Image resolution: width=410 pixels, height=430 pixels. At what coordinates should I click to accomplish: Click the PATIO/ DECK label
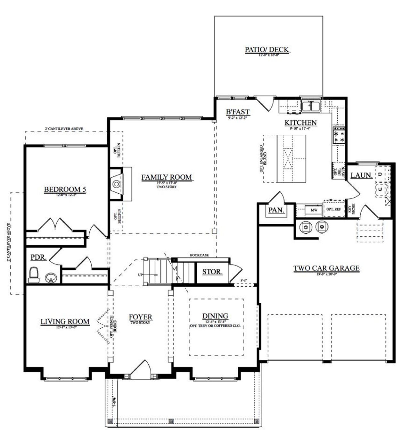[x=267, y=50]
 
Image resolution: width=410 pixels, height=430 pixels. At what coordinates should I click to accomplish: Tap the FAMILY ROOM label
[x=167, y=177]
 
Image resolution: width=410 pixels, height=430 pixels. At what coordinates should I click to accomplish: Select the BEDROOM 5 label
[x=65, y=190]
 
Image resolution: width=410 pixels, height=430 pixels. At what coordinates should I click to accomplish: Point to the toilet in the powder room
[x=33, y=275]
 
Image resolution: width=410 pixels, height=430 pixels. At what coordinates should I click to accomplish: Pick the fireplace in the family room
[x=117, y=184]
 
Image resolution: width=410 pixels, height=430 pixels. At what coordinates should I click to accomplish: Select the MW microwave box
[x=314, y=210]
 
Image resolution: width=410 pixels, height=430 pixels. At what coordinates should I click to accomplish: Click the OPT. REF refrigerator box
[x=334, y=209]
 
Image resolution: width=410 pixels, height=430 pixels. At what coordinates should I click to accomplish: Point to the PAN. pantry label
[x=276, y=210]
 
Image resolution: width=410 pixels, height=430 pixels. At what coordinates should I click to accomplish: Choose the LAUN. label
[x=361, y=175]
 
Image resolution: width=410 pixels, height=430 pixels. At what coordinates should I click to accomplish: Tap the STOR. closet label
[x=212, y=272]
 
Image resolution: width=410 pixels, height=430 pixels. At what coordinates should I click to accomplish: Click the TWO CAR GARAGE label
[x=326, y=268]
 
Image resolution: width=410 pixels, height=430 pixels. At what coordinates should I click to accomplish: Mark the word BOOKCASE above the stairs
[x=199, y=255]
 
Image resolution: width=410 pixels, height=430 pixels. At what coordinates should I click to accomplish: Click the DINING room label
[x=215, y=316]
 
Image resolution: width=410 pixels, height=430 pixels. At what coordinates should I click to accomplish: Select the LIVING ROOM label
[x=65, y=321]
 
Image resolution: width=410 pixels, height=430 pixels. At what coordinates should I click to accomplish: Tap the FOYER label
[x=140, y=317]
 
